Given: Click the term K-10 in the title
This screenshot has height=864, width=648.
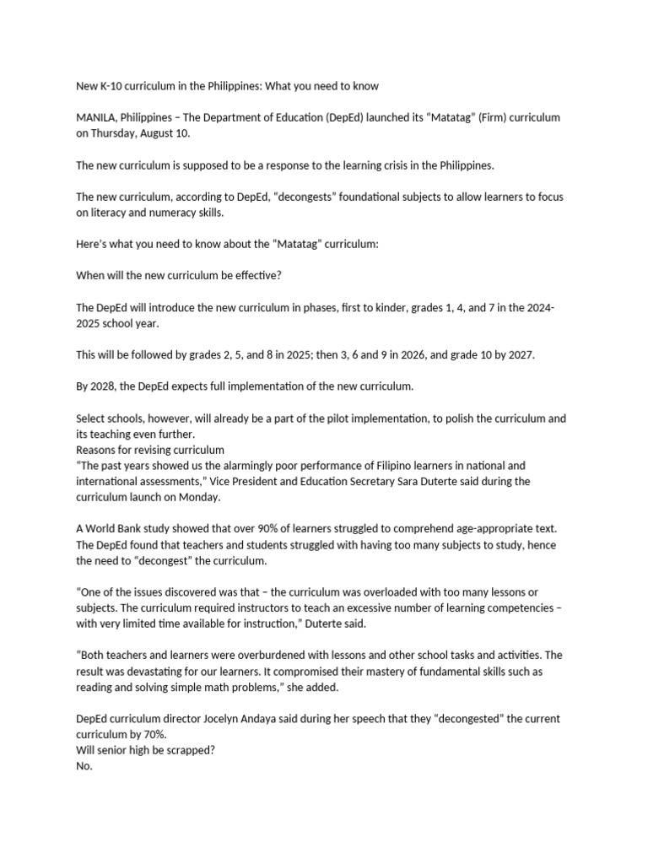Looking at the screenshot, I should pyautogui.click(x=115, y=86).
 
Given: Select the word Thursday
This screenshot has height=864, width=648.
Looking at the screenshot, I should pyautogui.click(x=118, y=133).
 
